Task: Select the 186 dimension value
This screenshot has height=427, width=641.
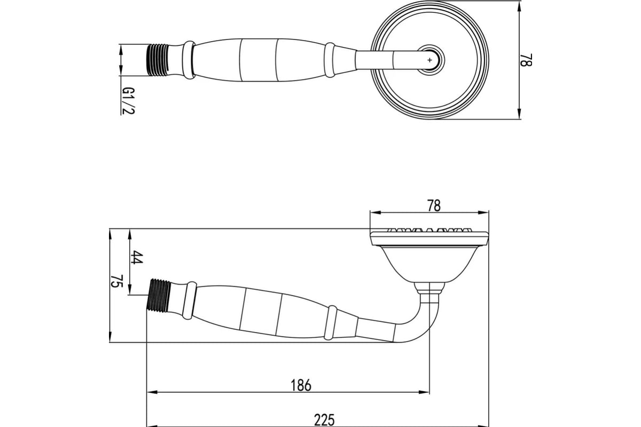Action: coord(300,385)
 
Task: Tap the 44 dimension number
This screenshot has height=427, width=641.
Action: coord(137,257)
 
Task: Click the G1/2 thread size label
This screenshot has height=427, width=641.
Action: coord(127,101)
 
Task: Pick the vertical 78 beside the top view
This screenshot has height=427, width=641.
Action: coord(527,59)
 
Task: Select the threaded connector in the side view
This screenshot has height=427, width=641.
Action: coord(158,295)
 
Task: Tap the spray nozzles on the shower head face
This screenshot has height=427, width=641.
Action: coord(429,232)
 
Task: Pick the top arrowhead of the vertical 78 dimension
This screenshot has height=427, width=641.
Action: coord(520,5)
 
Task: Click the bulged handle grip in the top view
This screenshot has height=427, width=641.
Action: coord(256,60)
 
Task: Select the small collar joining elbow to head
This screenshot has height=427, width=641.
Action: coord(429,288)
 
